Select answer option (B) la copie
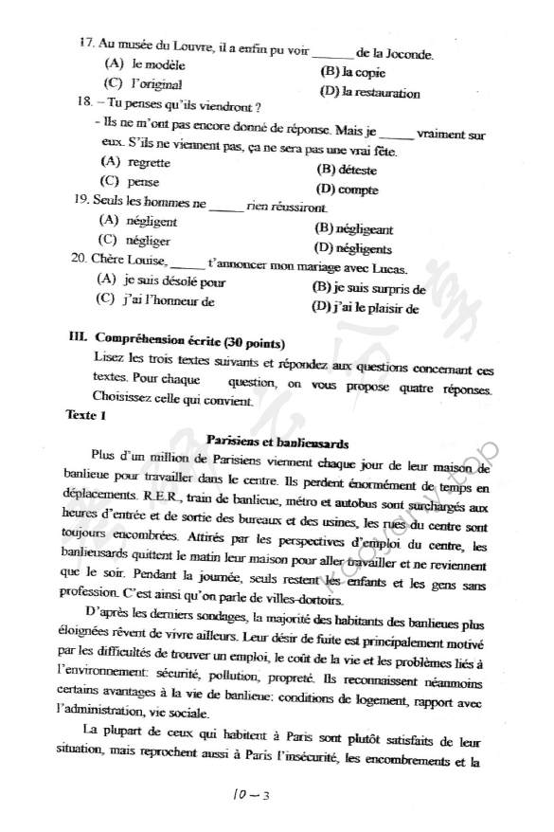click(x=352, y=72)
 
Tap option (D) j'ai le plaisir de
click(x=364, y=307)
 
